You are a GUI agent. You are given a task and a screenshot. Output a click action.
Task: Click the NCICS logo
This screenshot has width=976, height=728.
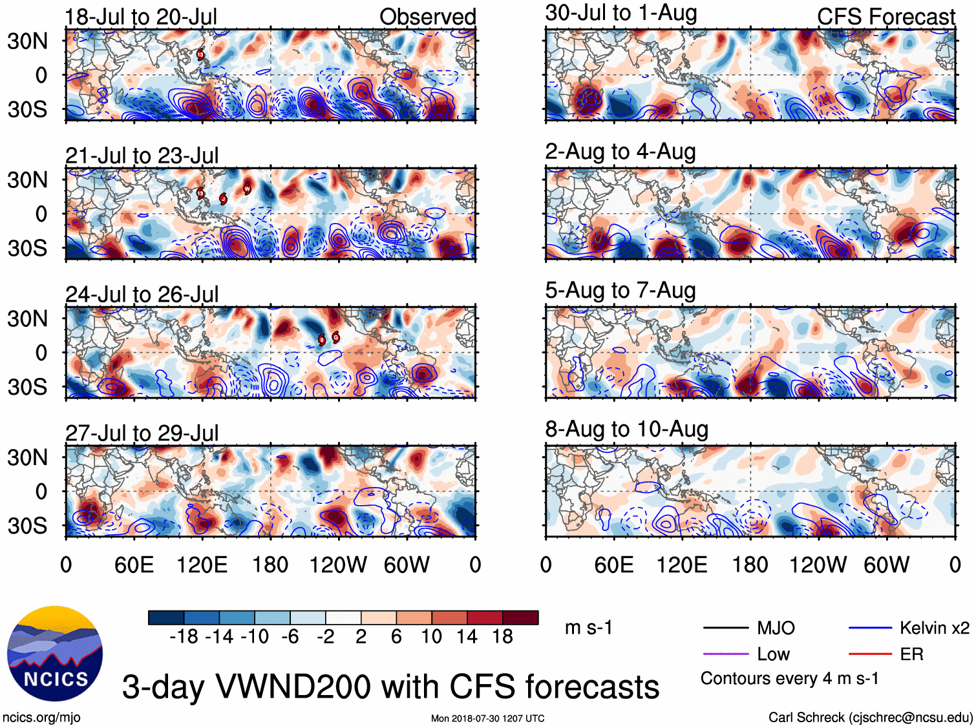point(54,653)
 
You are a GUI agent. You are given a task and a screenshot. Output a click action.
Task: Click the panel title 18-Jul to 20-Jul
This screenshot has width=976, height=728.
point(141,17)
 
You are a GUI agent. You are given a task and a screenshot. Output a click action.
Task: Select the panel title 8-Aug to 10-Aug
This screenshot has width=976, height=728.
point(626,430)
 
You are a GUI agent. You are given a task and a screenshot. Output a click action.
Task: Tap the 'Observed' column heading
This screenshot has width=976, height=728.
point(427,17)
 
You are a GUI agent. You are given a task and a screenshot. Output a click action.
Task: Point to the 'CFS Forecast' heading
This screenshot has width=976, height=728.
point(886,17)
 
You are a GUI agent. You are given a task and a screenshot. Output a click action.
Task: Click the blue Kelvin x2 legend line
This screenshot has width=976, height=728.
point(870,628)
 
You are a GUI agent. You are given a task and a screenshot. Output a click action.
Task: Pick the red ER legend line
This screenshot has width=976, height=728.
point(870,654)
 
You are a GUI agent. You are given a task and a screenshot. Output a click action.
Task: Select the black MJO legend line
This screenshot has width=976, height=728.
point(725,628)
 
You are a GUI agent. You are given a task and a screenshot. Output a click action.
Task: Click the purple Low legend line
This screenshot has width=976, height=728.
point(725,654)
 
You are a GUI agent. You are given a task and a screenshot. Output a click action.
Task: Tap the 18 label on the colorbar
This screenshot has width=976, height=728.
point(502,637)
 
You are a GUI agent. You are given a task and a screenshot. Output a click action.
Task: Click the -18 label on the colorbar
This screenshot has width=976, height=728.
point(184,637)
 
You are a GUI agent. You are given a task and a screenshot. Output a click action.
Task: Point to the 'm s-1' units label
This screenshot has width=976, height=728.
point(588,628)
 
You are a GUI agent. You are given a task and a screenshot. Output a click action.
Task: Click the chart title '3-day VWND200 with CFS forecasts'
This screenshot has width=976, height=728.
point(390,687)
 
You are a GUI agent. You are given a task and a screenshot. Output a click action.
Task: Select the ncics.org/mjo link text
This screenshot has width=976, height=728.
point(41,717)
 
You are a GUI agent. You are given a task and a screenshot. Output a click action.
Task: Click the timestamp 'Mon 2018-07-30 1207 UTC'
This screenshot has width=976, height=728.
point(487,718)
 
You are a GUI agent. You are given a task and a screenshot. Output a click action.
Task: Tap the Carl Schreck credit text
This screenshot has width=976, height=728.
point(870,717)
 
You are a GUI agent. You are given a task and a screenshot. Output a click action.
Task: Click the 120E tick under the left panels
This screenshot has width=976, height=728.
point(202,565)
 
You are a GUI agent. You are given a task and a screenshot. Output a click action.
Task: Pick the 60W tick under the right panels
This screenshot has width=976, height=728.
point(886,565)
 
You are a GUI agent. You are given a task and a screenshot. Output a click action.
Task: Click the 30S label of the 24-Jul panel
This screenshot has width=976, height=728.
point(27,388)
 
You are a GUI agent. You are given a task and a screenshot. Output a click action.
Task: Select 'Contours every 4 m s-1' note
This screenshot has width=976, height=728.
point(789,679)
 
